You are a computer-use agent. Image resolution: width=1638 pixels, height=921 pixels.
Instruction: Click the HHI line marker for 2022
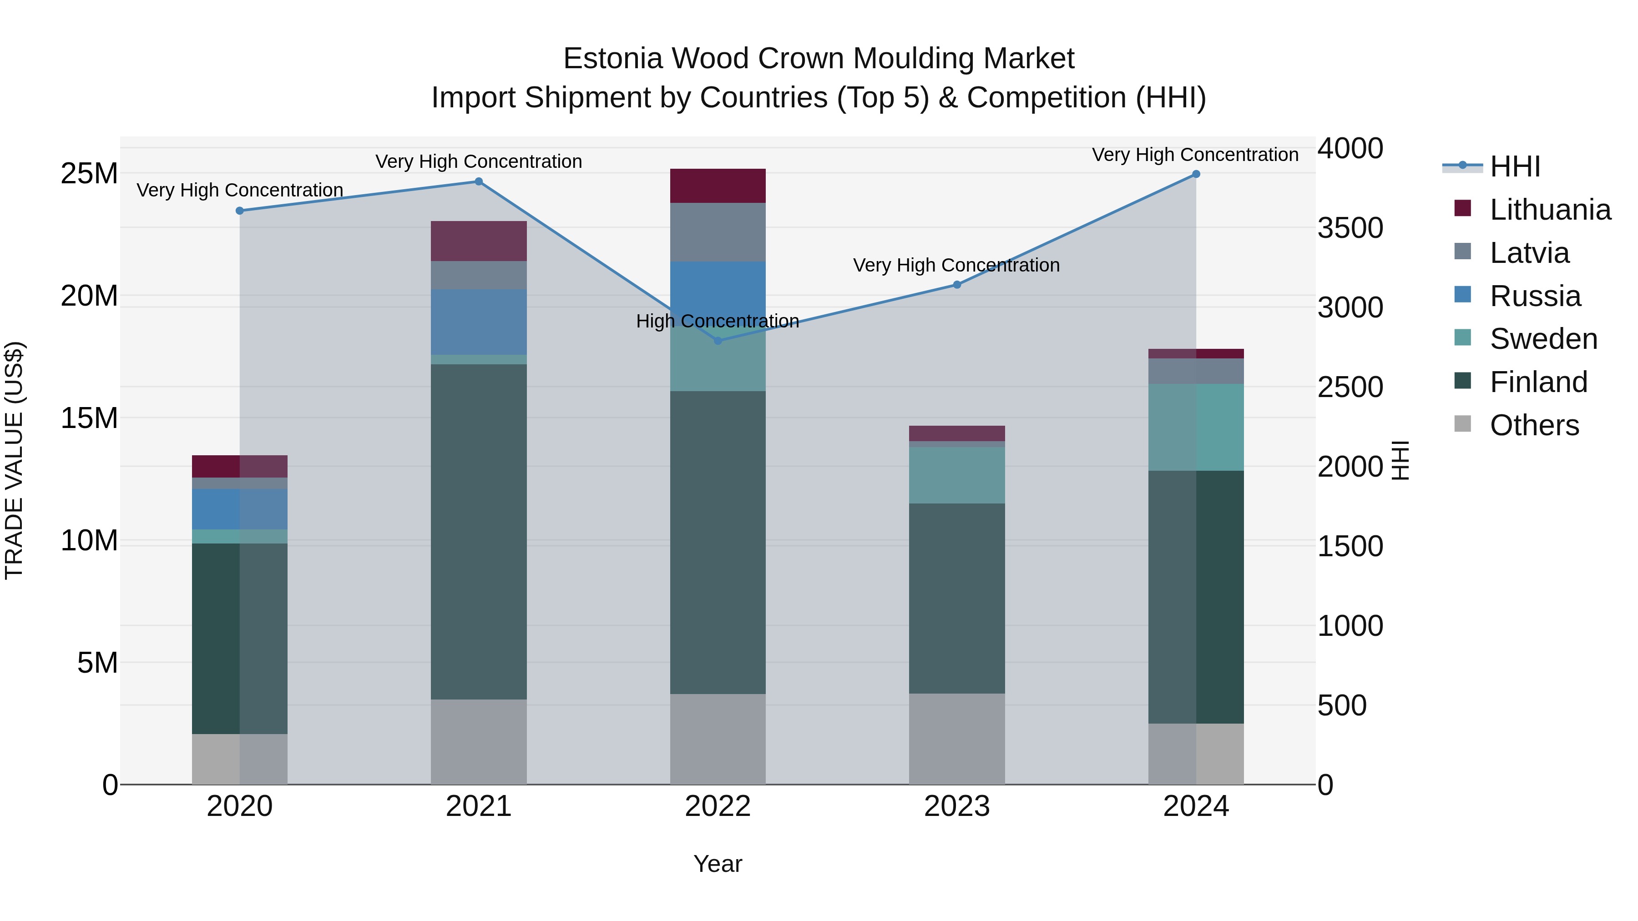pyautogui.click(x=718, y=341)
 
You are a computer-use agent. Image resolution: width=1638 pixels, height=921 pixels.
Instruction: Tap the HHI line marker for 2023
pyautogui.click(x=957, y=285)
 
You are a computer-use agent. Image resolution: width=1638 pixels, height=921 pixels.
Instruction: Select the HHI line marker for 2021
pyautogui.click(x=479, y=182)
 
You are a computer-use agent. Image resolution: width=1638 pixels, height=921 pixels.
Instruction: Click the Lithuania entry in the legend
pyautogui.click(x=1550, y=210)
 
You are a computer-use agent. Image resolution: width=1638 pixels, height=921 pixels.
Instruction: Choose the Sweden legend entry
pyautogui.click(x=1543, y=339)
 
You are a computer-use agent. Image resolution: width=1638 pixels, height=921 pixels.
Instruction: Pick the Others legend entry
pyautogui.click(x=1534, y=425)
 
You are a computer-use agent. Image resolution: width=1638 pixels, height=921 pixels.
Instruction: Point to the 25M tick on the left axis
pyautogui.click(x=89, y=174)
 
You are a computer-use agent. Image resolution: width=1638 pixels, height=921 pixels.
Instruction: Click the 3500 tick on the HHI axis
pyautogui.click(x=1350, y=228)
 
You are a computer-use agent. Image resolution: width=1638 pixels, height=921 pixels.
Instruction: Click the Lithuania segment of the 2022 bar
pyautogui.click(x=718, y=186)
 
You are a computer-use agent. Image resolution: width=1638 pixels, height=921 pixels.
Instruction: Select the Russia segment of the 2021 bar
pyautogui.click(x=479, y=322)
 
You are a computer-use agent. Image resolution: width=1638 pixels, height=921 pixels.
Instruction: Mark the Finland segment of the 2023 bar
pyautogui.click(x=957, y=598)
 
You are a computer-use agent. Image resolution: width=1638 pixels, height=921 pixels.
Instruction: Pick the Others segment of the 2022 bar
pyautogui.click(x=718, y=739)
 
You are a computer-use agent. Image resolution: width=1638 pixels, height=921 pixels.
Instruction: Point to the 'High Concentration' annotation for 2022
pyautogui.click(x=718, y=322)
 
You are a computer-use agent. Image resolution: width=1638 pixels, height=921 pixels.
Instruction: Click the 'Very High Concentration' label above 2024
pyautogui.click(x=1195, y=155)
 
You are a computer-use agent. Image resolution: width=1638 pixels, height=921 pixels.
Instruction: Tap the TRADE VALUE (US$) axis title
pyautogui.click(x=15, y=460)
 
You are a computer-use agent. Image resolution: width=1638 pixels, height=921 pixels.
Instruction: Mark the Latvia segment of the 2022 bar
pyautogui.click(x=718, y=232)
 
